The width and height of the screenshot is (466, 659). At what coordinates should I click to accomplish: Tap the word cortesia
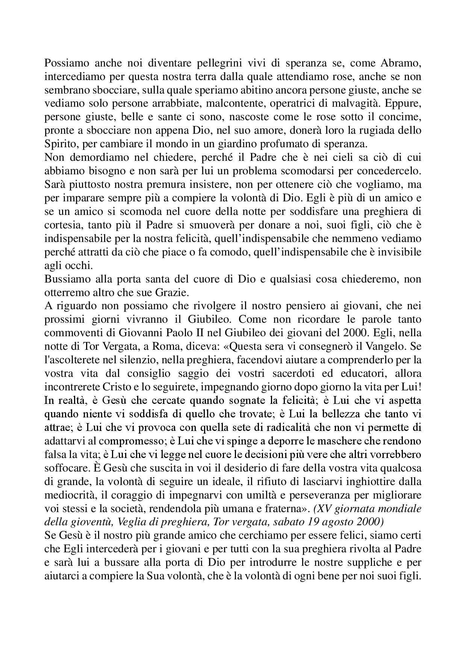tap(63, 225)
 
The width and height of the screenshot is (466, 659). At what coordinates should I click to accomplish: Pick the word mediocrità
tap(70, 495)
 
